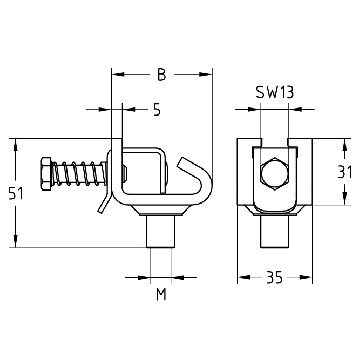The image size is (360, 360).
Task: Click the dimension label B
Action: (x=161, y=75)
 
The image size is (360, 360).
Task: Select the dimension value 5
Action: (x=157, y=109)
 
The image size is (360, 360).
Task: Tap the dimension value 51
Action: (x=16, y=194)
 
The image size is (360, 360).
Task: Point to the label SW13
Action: (x=275, y=92)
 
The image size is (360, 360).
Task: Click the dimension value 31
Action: (x=345, y=172)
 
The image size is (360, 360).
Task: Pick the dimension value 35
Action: (x=275, y=277)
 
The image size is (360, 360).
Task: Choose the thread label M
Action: (x=161, y=295)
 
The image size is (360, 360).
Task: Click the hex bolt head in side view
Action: (x=47, y=174)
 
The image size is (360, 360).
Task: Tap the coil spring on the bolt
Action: (x=80, y=173)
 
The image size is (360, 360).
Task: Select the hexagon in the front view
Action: (x=274, y=173)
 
